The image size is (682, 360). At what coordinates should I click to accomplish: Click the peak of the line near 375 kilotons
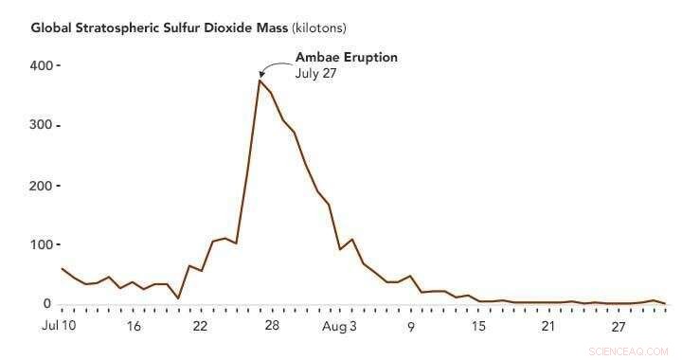pyautogui.click(x=259, y=81)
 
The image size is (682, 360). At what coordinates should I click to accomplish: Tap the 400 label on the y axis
pyautogui.click(x=39, y=65)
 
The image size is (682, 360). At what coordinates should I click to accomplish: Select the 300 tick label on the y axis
pyautogui.click(x=39, y=125)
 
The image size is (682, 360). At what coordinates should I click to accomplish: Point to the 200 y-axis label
pyautogui.click(x=39, y=185)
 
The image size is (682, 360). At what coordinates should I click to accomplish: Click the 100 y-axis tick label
pyautogui.click(x=39, y=244)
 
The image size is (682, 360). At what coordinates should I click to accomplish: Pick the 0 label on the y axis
pyautogui.click(x=45, y=303)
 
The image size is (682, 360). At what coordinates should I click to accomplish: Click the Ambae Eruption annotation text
pyautogui.click(x=346, y=57)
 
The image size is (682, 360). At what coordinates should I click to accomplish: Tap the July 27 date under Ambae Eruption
pyautogui.click(x=316, y=73)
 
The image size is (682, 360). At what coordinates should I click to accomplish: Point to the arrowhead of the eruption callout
pyautogui.click(x=262, y=74)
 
